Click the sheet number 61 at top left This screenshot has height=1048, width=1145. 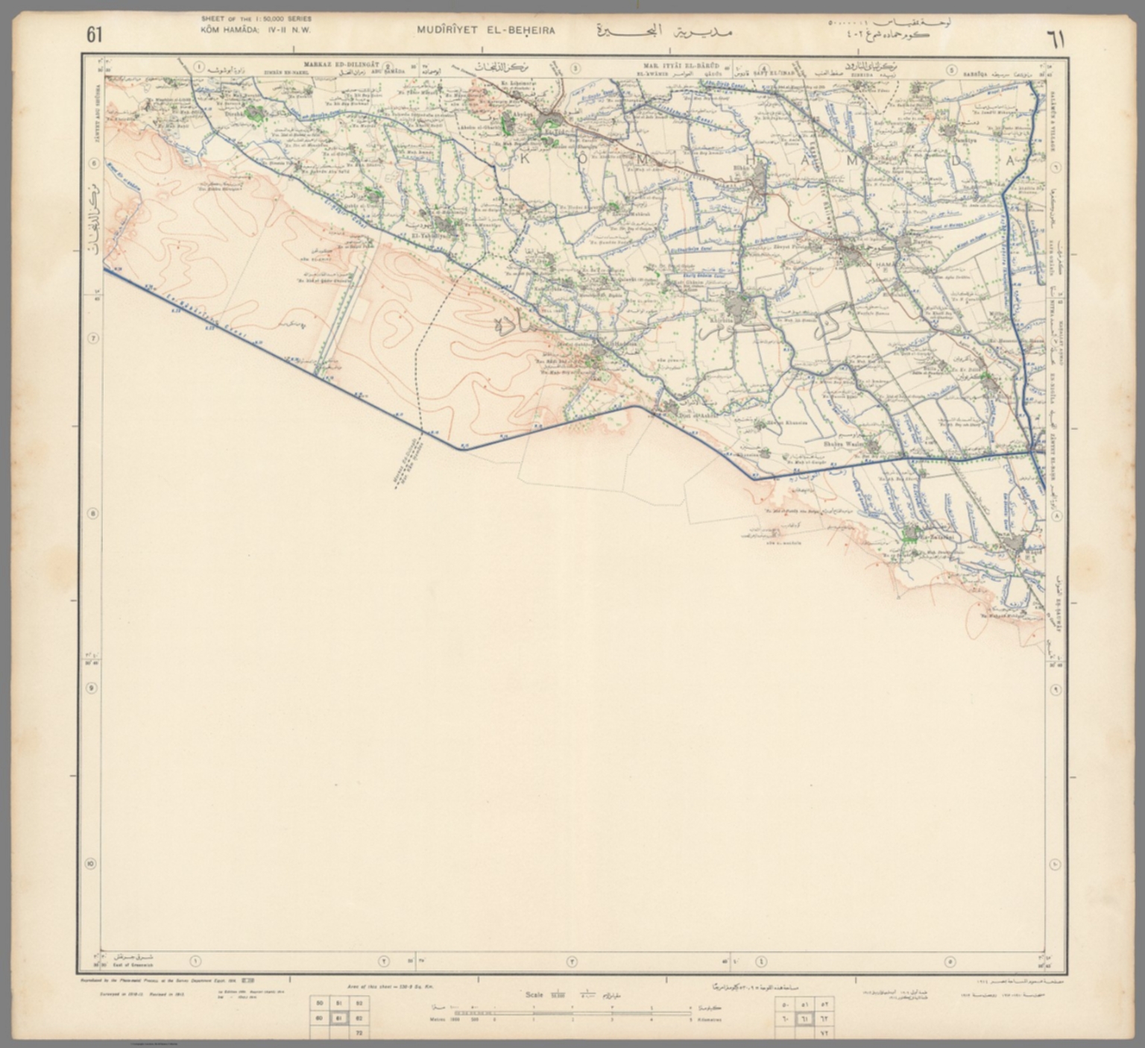[x=95, y=34]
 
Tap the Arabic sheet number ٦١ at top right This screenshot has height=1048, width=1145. [x=1057, y=38]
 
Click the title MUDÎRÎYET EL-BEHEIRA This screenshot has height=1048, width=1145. [x=488, y=32]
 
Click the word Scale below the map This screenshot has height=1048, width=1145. [x=534, y=994]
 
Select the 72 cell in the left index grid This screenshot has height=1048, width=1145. [x=359, y=1033]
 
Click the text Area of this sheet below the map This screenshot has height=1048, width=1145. [x=385, y=986]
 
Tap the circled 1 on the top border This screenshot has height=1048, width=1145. [x=199, y=66]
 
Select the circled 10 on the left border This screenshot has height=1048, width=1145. [x=91, y=865]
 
